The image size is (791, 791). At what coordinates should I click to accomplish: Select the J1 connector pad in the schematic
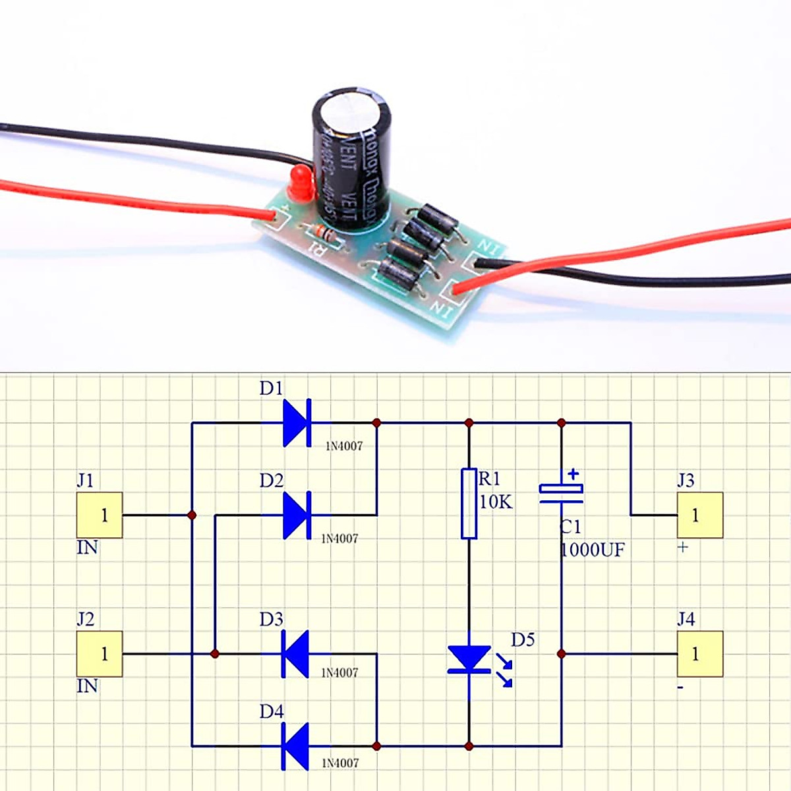click(x=100, y=515)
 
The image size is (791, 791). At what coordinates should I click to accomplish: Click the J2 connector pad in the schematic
click(x=100, y=653)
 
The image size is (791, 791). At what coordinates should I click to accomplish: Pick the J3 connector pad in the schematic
click(x=699, y=515)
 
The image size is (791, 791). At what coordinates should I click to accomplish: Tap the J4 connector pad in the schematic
click(x=699, y=653)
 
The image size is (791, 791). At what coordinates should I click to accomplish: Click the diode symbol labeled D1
click(x=297, y=423)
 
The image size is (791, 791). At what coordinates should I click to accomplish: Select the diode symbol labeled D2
click(x=297, y=515)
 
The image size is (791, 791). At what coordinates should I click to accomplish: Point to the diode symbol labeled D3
click(x=295, y=653)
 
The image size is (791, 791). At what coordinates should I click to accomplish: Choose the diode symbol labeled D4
click(x=295, y=746)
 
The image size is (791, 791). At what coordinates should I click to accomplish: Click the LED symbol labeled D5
click(x=469, y=659)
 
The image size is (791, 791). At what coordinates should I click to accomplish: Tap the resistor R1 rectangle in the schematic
click(x=469, y=503)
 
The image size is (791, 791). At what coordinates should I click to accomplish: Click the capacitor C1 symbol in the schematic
click(x=561, y=491)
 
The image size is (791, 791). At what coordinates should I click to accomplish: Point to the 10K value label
click(x=496, y=502)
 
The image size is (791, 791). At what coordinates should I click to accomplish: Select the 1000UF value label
click(x=592, y=550)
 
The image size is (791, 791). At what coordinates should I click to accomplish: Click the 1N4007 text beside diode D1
click(x=344, y=446)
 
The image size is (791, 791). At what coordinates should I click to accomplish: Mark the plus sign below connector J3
click(x=683, y=547)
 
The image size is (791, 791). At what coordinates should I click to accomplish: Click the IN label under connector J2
click(x=87, y=686)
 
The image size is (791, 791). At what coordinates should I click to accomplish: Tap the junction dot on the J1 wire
click(x=192, y=515)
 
